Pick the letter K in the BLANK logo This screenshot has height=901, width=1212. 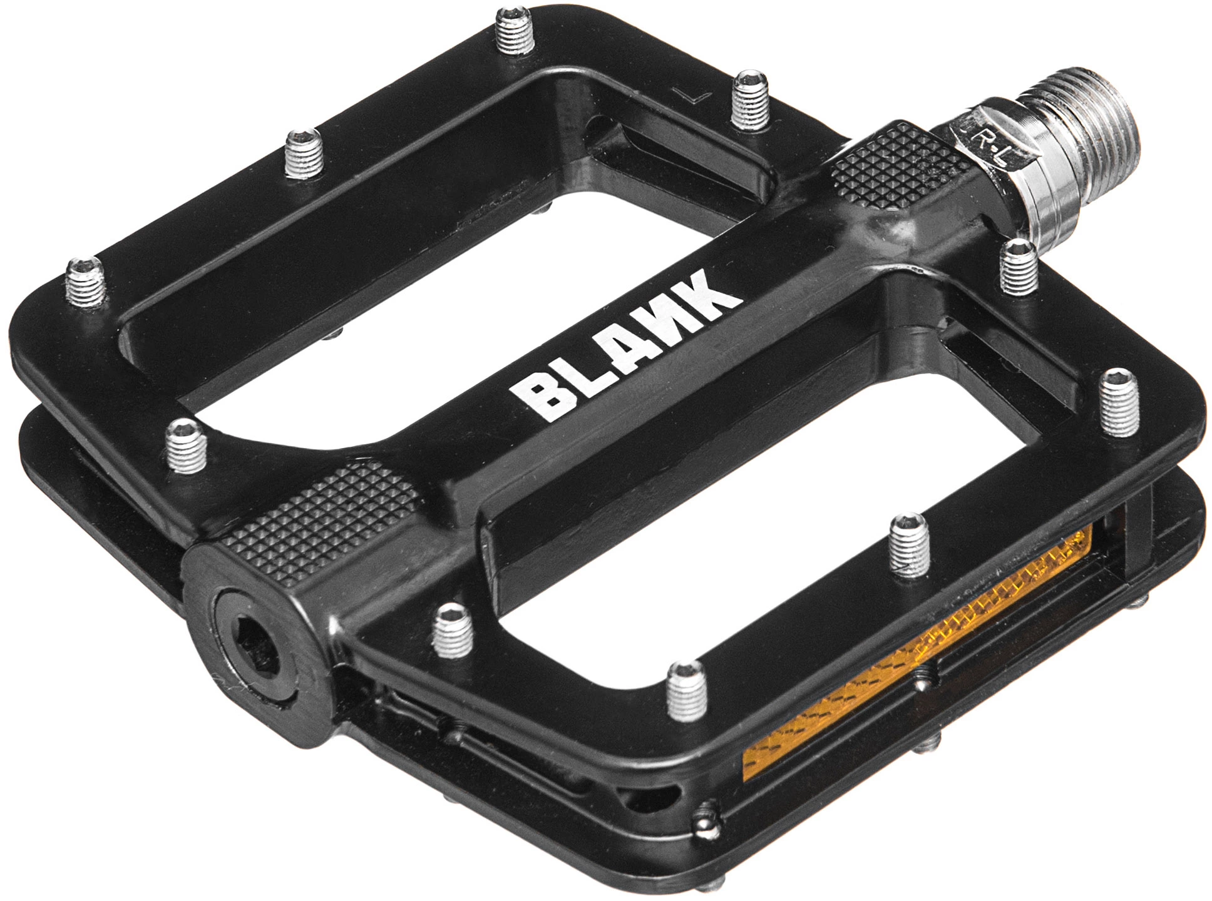point(714,292)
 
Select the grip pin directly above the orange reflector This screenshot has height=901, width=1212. point(909,544)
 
